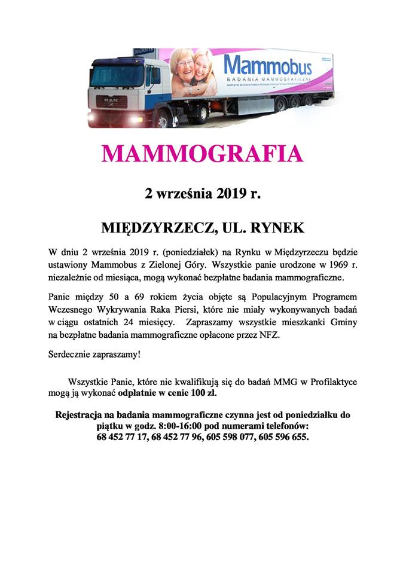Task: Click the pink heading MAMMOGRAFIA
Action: [x=202, y=154]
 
